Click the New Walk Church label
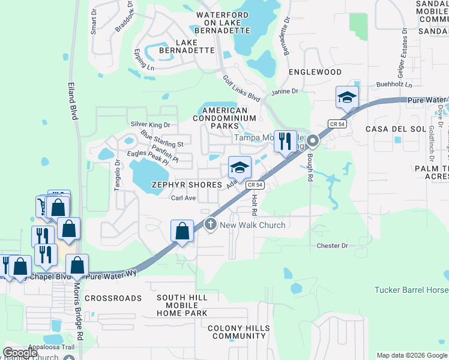point(252,225)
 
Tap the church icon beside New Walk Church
point(210,224)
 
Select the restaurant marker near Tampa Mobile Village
point(285,142)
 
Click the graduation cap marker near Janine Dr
point(347,98)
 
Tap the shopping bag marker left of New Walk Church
point(182,232)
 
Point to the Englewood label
point(315,72)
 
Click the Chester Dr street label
point(333,246)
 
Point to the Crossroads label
point(113,298)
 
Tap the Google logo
point(20,353)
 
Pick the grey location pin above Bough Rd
point(312,142)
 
